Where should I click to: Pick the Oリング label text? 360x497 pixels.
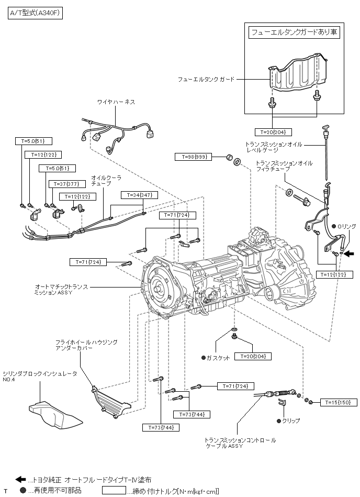(346, 226)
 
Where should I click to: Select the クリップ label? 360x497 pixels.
(291, 421)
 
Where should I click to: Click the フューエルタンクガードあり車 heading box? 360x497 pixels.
(294, 32)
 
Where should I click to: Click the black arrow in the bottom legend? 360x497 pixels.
(20, 479)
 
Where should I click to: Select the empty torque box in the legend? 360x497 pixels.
(114, 491)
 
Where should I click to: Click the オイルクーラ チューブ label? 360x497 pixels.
(106, 181)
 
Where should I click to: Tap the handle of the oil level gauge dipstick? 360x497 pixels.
(324, 127)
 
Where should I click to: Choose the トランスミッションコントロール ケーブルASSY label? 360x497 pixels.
(240, 443)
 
